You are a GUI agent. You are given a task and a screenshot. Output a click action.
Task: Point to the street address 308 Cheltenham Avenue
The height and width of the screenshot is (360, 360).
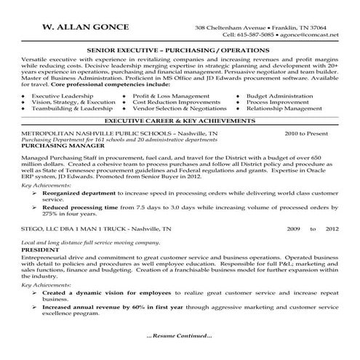(x=227, y=28)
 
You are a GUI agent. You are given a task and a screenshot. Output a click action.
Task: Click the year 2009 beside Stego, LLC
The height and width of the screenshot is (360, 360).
(x=292, y=228)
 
